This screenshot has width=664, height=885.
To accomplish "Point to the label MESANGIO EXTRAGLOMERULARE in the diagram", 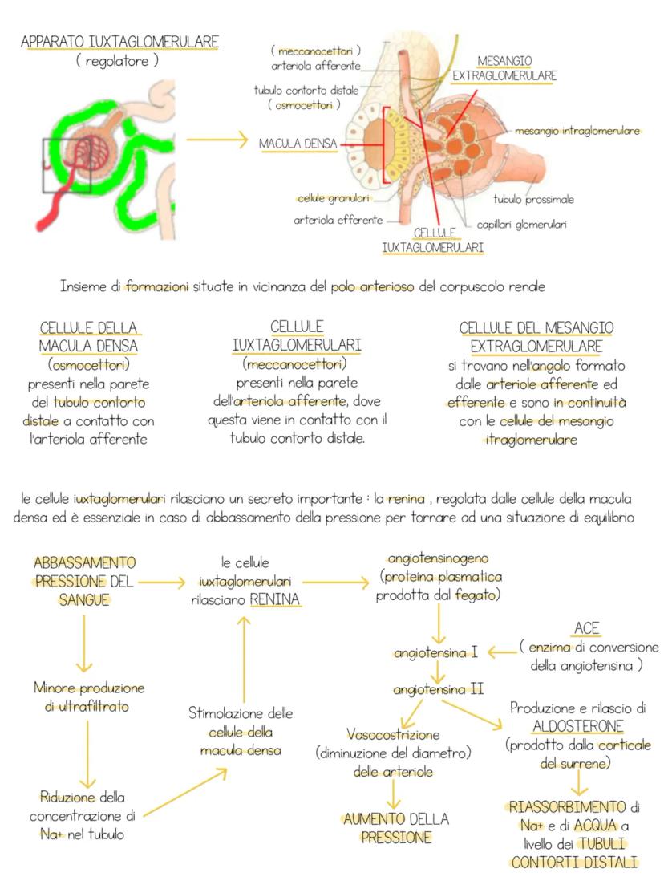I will coord(505,68).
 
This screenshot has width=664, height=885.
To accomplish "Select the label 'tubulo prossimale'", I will coord(533,199).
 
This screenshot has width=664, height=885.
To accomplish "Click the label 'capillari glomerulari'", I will coord(521,225).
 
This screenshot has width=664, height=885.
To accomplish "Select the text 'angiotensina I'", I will coord(435,653).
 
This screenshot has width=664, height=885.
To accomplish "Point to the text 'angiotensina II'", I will coord(438,689).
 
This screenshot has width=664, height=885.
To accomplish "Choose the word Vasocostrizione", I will coord(393,734).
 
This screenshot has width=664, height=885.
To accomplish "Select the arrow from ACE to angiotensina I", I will coord(501,652).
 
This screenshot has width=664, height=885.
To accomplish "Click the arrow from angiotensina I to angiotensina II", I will coord(438,672).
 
